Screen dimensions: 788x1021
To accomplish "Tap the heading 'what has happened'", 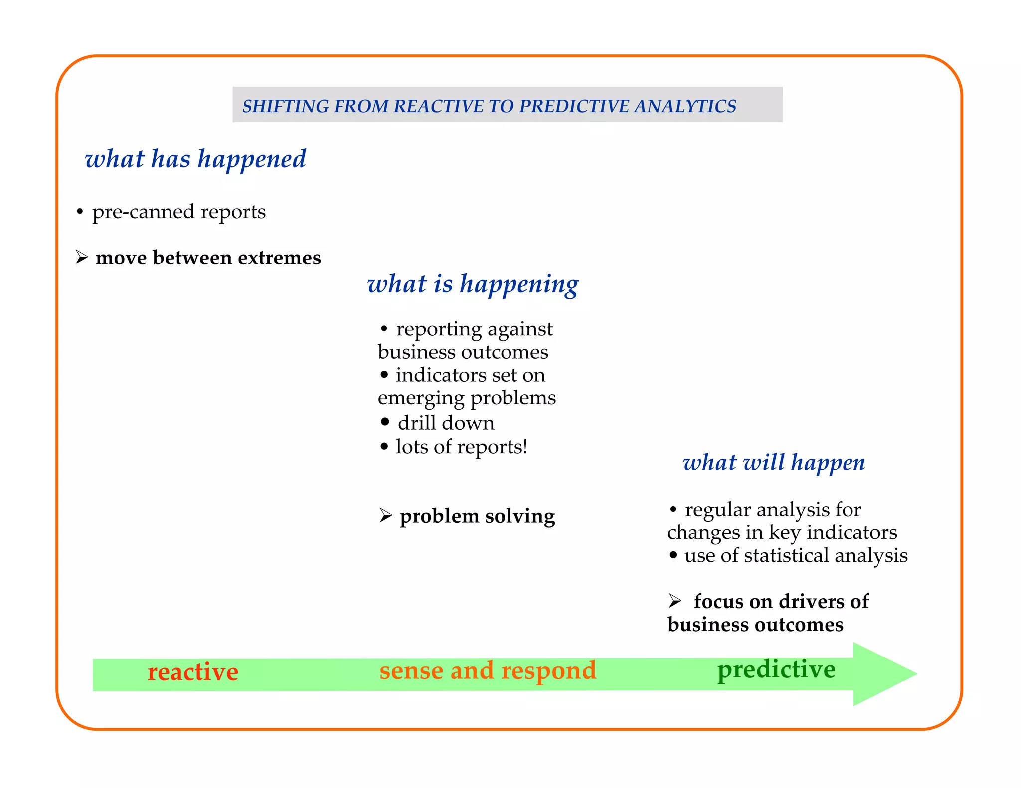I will click(195, 159).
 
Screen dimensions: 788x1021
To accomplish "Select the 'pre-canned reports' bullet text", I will click(178, 212).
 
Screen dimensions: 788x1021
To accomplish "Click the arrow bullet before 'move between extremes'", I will click(82, 257).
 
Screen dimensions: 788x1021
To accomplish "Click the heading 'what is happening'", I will click(473, 284).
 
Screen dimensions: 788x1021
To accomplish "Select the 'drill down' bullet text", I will click(446, 423).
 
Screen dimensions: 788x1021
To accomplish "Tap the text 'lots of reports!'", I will click(461, 447).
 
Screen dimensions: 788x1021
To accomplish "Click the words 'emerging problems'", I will click(467, 398).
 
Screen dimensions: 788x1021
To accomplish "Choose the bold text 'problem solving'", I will click(477, 516).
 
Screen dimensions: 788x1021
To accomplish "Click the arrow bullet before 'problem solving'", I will click(386, 515).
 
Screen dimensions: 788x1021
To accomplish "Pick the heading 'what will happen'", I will click(774, 463).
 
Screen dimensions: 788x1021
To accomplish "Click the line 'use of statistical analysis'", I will click(796, 555).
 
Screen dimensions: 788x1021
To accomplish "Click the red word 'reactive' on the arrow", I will click(193, 672).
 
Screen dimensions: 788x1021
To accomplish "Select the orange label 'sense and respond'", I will click(488, 670).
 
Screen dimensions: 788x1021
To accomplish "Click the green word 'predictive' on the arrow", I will click(776, 669).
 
